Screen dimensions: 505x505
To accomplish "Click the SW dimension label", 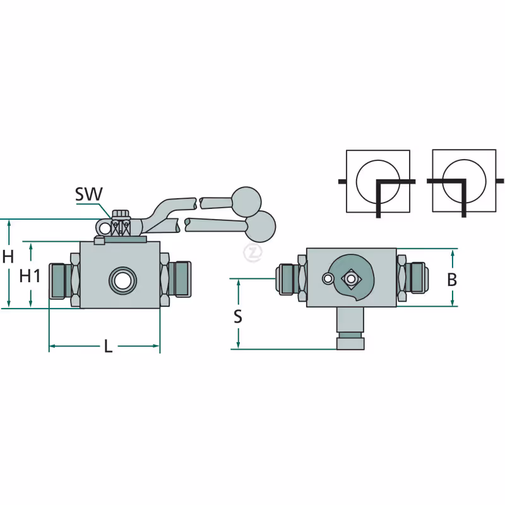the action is [89, 194].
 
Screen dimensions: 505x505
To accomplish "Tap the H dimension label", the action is [8, 257].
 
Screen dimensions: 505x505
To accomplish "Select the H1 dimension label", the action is [30, 276].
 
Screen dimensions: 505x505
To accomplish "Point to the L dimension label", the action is [108, 346].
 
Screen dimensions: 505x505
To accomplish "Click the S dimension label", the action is [238, 316].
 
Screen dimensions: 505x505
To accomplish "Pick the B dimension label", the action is [452, 280].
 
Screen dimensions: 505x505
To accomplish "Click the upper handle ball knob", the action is [246, 201].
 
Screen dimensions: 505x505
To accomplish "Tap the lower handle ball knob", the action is [261, 227].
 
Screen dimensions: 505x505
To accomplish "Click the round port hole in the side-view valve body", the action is [122, 281].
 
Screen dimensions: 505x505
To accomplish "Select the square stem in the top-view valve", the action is [351, 279].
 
